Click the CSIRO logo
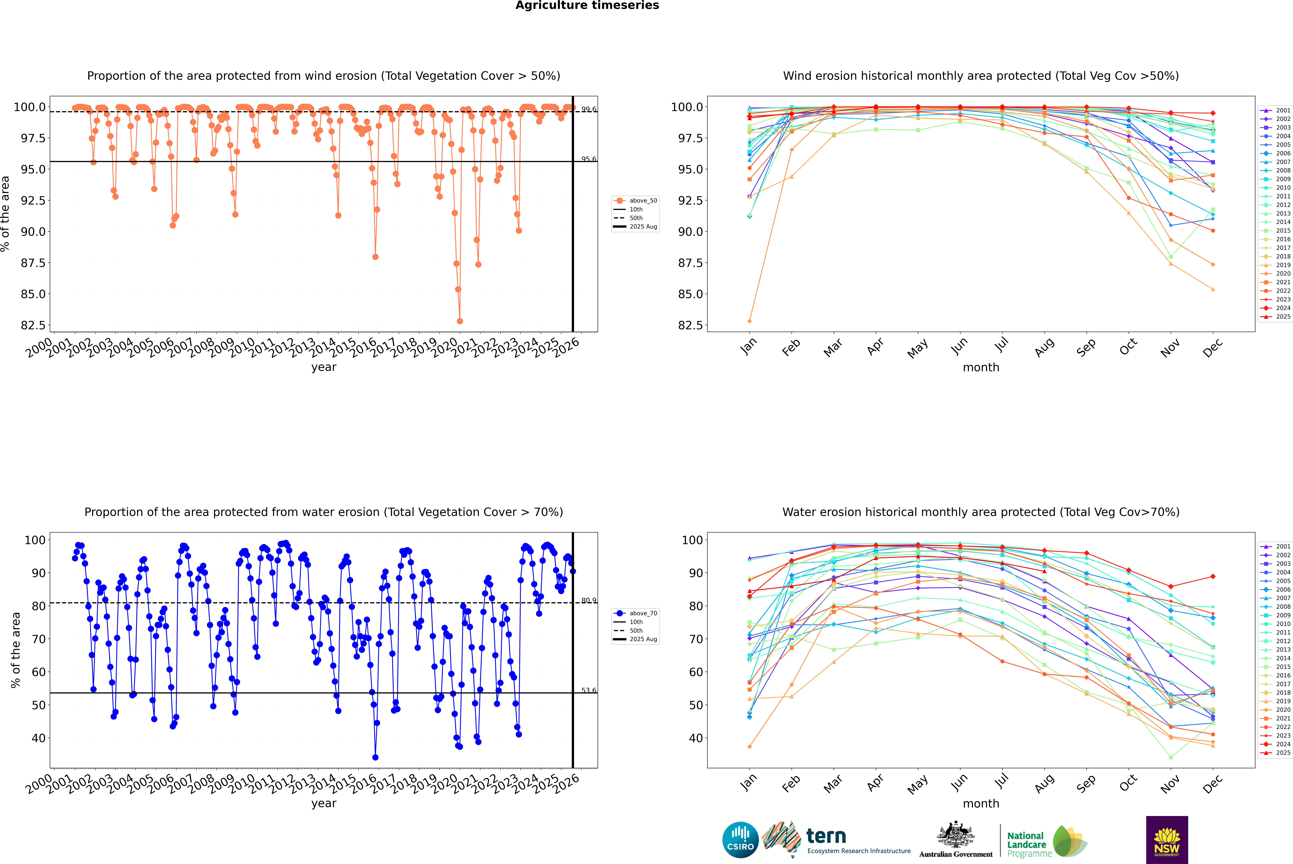(740, 840)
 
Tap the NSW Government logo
(1167, 840)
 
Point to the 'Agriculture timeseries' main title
(587, 5)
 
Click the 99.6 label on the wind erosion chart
(589, 110)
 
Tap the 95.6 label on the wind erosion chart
(589, 159)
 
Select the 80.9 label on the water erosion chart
(589, 601)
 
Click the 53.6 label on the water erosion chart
(589, 690)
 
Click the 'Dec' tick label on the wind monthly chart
(1213, 347)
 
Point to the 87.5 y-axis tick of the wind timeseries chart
(33, 263)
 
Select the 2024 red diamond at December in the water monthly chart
(1213, 576)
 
